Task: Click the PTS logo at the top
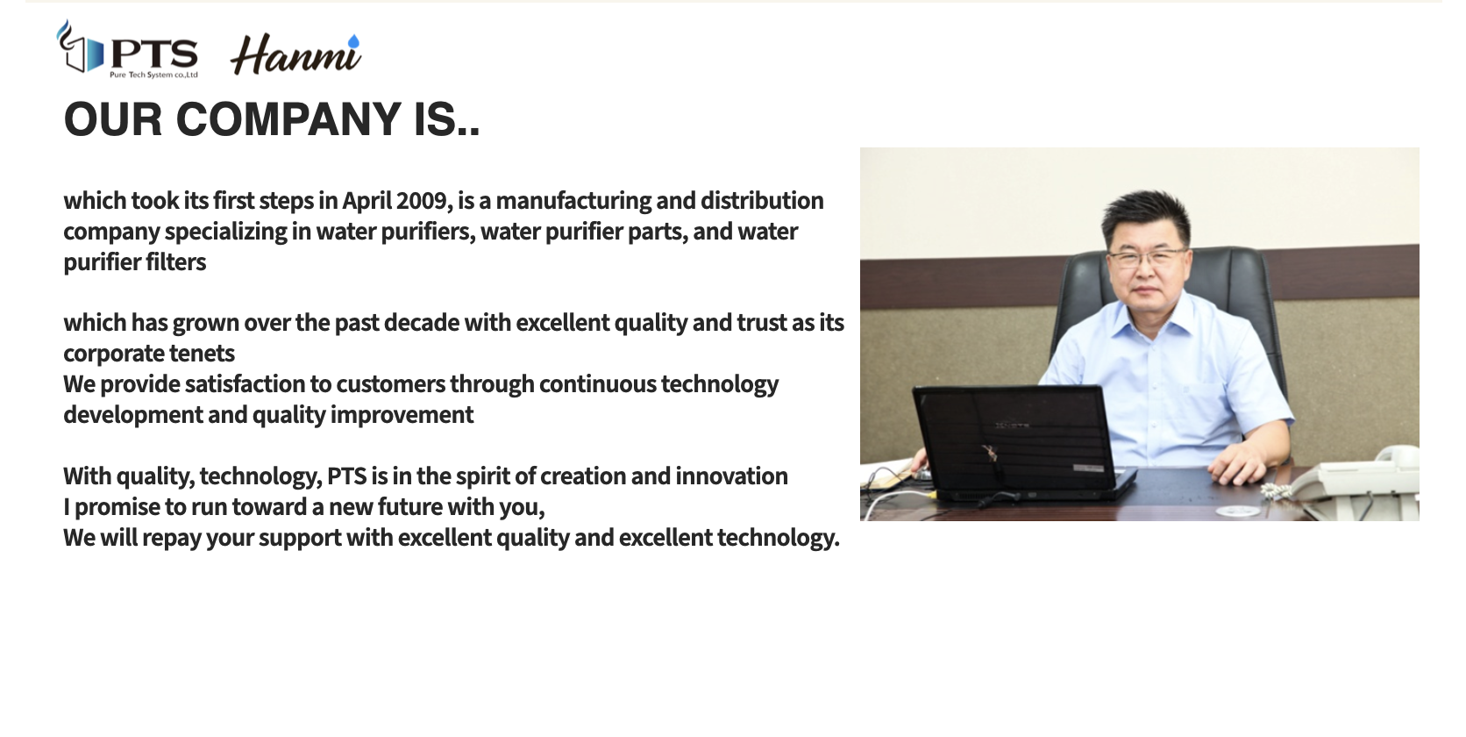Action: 128,49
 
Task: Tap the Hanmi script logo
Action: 295,54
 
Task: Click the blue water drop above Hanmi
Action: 353,41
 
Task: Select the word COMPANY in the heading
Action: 288,119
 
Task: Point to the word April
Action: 366,201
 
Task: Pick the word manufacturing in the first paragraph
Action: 573,201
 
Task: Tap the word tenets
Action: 202,354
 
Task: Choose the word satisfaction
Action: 245,384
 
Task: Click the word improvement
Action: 402,415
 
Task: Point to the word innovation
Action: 731,476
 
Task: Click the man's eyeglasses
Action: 1146,257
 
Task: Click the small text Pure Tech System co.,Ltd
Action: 153,75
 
